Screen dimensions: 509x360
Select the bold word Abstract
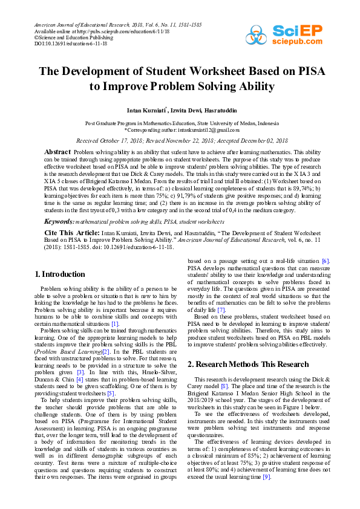(59, 151)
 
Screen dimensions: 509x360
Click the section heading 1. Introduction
(59, 274)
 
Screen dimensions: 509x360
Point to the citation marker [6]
(325, 260)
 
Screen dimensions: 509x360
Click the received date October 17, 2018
(125, 140)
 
